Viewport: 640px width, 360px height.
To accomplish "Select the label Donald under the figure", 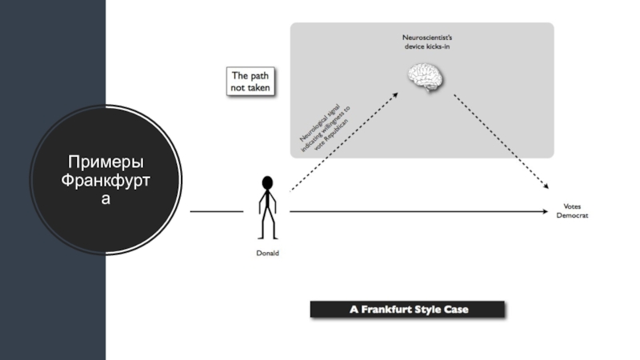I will tap(267, 254).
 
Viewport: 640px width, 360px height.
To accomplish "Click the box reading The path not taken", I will tap(250, 82).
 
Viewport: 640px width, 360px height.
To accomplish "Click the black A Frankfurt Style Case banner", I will tap(407, 310).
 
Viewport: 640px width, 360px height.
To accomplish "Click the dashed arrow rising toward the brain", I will tap(344, 142).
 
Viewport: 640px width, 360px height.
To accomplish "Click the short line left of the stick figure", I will tap(216, 212).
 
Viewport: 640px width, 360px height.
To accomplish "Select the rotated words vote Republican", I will tap(333, 131).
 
